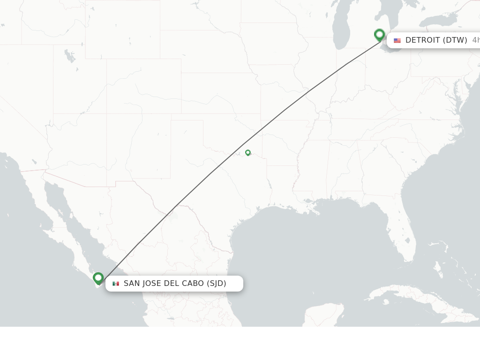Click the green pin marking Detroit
380,35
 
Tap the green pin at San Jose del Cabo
98,278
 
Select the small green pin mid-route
248,152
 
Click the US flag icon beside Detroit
397,41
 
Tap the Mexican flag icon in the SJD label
116,284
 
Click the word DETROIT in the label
422,40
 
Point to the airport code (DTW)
455,40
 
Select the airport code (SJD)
217,284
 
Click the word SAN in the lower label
131,284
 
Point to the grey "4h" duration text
475,40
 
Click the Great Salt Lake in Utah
70,56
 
